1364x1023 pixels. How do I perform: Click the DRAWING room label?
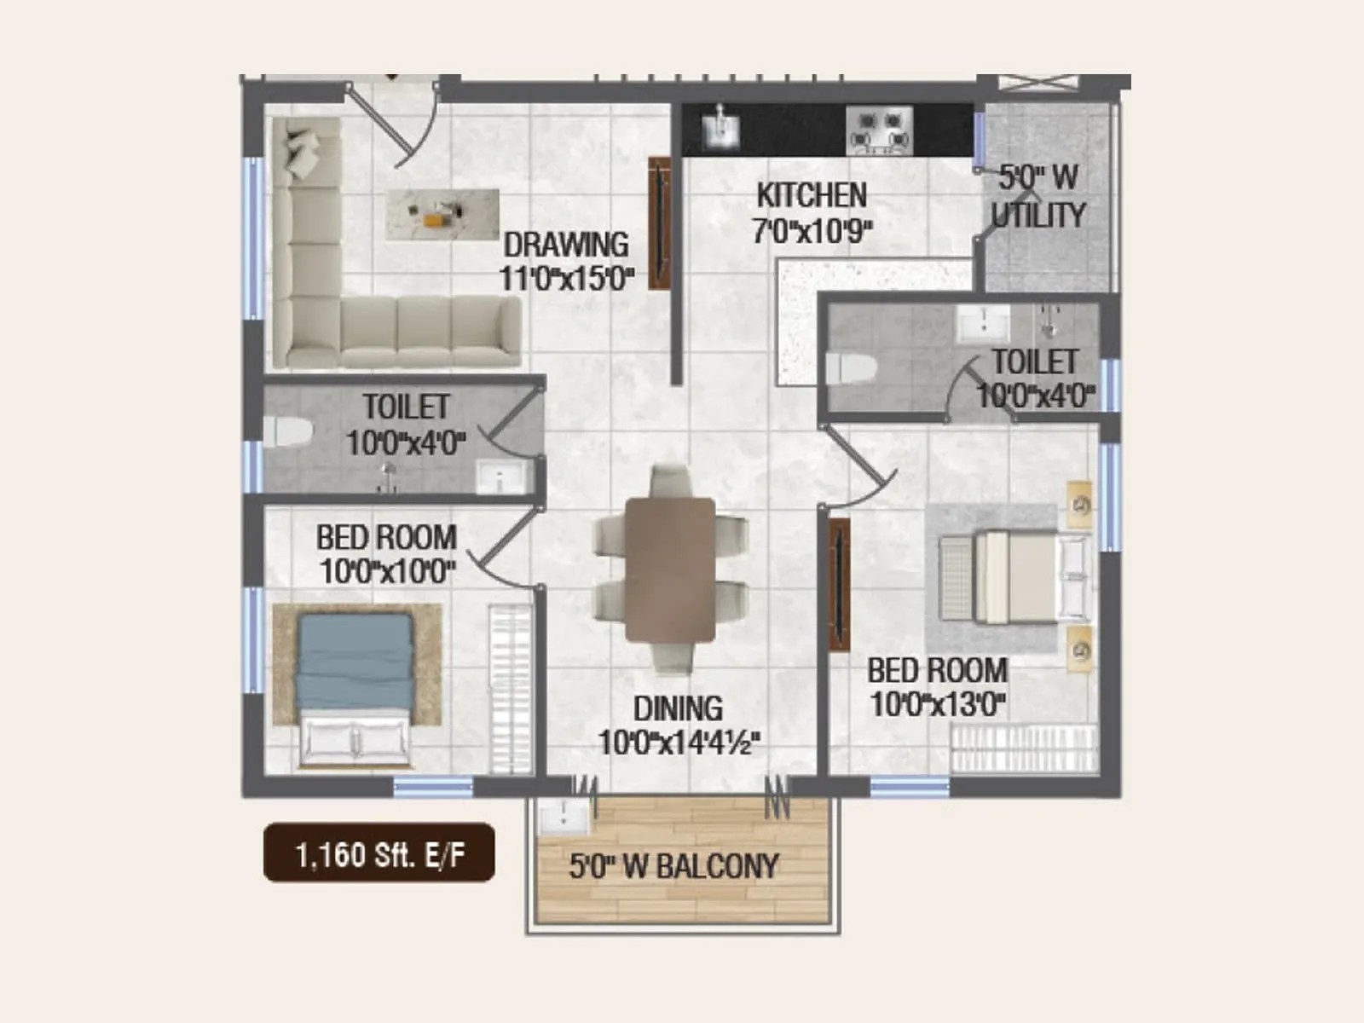[x=566, y=245]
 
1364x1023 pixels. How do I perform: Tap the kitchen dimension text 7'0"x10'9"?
[x=812, y=230]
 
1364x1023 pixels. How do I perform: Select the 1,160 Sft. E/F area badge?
[x=379, y=852]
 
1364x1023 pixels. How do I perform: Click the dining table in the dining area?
[x=670, y=569]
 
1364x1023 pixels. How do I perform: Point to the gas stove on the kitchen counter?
[x=880, y=130]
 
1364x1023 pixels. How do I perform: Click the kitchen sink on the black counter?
[x=720, y=128]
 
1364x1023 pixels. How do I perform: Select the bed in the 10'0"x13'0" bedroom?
[x=1014, y=576]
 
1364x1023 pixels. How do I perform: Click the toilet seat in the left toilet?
[x=285, y=431]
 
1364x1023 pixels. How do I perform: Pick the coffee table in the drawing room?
[x=442, y=214]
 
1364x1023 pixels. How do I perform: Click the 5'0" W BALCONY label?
[x=673, y=867]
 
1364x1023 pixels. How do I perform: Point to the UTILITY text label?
[x=1038, y=215]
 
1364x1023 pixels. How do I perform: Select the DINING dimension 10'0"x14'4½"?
[x=679, y=743]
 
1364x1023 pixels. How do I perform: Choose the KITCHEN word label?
[x=812, y=195]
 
